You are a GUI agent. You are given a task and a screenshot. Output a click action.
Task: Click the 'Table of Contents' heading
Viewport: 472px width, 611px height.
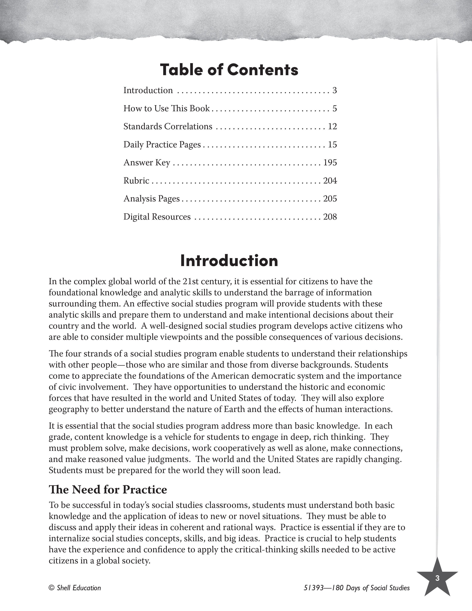pyautogui.click(x=229, y=70)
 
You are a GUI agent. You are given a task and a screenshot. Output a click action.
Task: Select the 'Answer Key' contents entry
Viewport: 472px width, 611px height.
pyautogui.click(x=147, y=163)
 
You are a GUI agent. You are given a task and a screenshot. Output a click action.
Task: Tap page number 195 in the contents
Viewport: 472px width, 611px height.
pyautogui.click(x=330, y=163)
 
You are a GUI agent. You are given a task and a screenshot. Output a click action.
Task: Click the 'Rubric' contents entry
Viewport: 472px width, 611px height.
pyautogui.click(x=136, y=181)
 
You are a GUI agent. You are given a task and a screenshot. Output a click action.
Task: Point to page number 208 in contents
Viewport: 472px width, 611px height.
pyautogui.click(x=330, y=217)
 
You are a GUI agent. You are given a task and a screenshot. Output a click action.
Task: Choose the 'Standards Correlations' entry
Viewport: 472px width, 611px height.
pyautogui.click(x=168, y=126)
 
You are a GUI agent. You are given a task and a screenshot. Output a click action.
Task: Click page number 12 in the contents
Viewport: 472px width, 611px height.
pyautogui.click(x=332, y=126)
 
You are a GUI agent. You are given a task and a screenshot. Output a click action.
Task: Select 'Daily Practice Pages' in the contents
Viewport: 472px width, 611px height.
pyautogui.click(x=162, y=145)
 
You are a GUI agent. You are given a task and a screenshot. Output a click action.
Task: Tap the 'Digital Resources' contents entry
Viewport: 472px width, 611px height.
pyautogui.click(x=157, y=217)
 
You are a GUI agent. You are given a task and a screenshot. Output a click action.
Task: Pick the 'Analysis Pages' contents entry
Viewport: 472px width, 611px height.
pyautogui.click(x=152, y=199)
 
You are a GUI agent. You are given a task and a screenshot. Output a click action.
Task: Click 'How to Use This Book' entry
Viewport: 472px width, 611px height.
pyautogui.click(x=166, y=108)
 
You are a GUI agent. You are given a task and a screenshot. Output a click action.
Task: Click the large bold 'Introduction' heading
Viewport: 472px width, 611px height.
pyautogui.click(x=229, y=261)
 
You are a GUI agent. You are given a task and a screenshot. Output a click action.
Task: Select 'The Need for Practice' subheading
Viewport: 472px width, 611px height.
pyautogui.click(x=108, y=490)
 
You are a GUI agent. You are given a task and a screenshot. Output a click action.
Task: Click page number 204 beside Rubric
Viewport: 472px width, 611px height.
pyautogui.click(x=330, y=181)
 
